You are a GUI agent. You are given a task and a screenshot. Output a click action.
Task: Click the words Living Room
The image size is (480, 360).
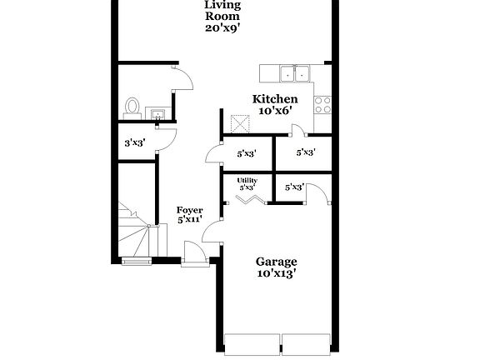(x=222, y=10)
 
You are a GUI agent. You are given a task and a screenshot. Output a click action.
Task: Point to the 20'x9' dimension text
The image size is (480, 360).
(x=222, y=27)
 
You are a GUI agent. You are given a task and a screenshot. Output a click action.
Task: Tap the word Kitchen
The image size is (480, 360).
(x=275, y=99)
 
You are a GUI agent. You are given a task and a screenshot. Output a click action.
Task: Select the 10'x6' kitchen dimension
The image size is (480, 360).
(x=275, y=111)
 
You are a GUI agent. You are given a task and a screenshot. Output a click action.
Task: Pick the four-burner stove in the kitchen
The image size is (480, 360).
(x=322, y=104)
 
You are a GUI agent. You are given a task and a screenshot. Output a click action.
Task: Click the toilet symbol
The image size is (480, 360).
(x=132, y=106)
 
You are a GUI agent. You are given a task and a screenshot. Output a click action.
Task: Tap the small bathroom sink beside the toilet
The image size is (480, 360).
(x=156, y=113)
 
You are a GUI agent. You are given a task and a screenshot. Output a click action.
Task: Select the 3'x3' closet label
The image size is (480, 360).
(x=135, y=142)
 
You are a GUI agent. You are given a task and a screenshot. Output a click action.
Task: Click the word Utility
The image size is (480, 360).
(x=247, y=181)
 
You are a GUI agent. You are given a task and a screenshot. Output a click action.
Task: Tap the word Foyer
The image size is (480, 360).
(x=190, y=210)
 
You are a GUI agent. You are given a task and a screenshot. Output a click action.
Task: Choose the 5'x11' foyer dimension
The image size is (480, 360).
(x=190, y=221)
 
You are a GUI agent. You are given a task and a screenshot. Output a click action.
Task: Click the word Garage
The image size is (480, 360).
(x=276, y=261)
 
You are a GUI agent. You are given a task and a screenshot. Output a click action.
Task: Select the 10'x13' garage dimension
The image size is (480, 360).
(x=276, y=272)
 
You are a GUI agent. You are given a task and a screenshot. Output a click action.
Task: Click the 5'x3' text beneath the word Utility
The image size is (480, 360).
(x=247, y=188)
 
